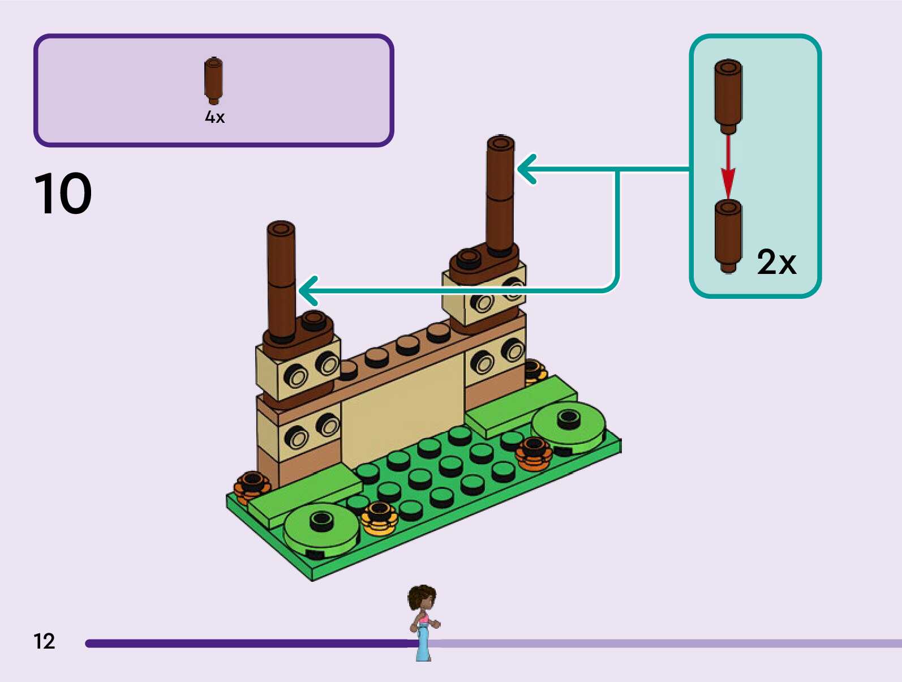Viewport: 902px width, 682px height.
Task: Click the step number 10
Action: [63, 193]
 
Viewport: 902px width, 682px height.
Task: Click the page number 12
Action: [44, 641]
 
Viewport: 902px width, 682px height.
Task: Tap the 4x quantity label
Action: [214, 117]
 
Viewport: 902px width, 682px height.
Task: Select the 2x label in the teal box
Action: [776, 261]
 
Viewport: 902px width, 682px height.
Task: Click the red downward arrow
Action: [728, 167]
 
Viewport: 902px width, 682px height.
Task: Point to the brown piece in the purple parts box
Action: [213, 81]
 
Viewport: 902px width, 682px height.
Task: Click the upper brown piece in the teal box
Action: [728, 97]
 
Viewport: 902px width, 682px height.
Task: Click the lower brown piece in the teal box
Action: [728, 236]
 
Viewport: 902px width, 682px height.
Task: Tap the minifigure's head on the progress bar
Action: [422, 598]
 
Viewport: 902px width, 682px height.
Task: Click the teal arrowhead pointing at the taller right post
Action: [526, 169]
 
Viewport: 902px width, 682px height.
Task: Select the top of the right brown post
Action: [501, 142]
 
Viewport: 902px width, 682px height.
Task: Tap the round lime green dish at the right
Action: [568, 427]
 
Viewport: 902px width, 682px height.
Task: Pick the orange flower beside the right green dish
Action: [534, 453]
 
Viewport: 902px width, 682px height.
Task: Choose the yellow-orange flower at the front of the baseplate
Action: [379, 518]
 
